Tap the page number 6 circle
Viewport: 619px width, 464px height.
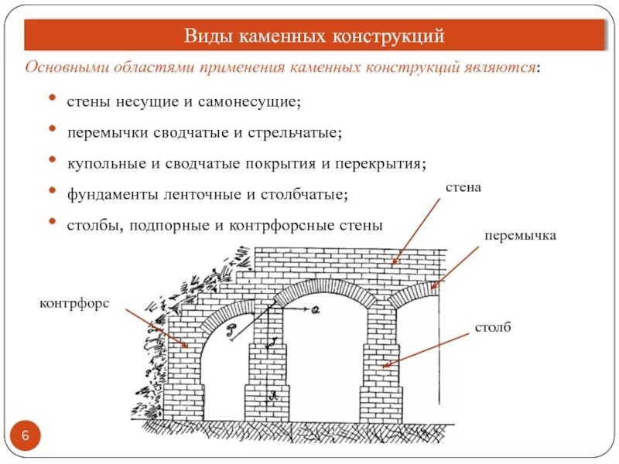pyautogui.click(x=26, y=437)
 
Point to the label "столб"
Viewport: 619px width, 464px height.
pyautogui.click(x=494, y=328)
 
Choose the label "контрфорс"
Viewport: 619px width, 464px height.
pyautogui.click(x=75, y=304)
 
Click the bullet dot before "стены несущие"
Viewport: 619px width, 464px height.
pyautogui.click(x=52, y=99)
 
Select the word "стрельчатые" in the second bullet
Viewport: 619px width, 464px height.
pyautogui.click(x=295, y=132)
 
